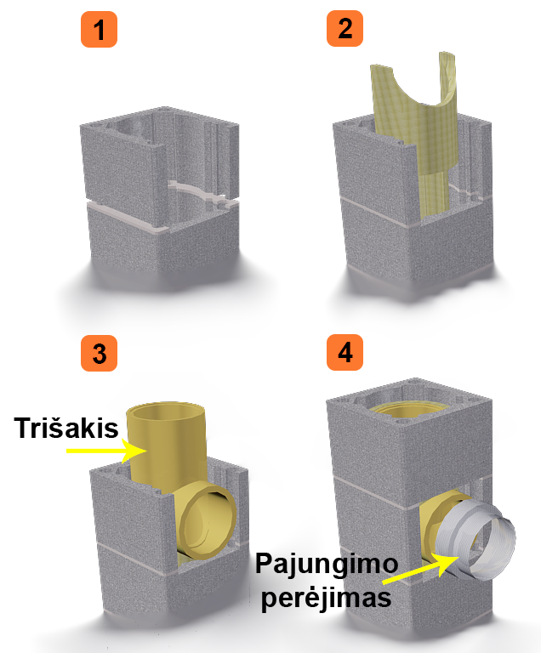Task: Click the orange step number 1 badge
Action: click(x=99, y=29)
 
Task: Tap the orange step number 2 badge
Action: click(x=345, y=28)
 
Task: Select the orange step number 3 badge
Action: click(x=99, y=353)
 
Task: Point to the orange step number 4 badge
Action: click(x=345, y=352)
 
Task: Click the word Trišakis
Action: click(x=66, y=428)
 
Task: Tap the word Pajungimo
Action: click(x=327, y=564)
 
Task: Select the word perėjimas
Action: click(x=326, y=598)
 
